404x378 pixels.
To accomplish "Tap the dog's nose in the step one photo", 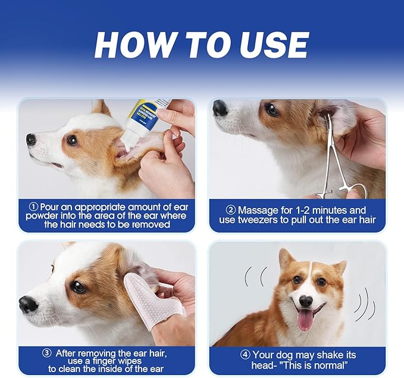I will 31,140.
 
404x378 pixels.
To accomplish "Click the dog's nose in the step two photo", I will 220,108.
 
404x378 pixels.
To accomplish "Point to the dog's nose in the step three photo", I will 28,305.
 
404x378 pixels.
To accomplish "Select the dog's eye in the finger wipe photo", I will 78,286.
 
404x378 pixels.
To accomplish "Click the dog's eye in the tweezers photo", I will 273,110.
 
